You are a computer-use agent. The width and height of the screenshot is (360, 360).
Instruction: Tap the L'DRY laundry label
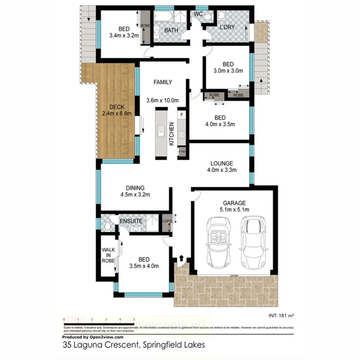pos(227,27)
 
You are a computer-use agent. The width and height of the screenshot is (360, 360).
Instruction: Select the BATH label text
pos(171,30)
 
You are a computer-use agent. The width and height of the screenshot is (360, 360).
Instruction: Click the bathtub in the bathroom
pos(163,16)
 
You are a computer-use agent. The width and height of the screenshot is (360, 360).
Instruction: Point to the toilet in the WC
pos(208,17)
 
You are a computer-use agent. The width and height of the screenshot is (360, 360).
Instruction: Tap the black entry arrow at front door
pos(181,258)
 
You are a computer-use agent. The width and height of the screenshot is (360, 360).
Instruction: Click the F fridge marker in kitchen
pos(182,115)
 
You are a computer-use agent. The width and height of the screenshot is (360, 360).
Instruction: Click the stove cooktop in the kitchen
pos(182,135)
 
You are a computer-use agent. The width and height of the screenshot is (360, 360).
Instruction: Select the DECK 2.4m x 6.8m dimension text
pos(117,113)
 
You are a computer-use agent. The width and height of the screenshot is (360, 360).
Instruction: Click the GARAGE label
pos(234,203)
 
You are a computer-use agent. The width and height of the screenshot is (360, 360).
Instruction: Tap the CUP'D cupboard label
pos(166,221)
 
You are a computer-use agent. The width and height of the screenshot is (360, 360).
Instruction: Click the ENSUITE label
pos(131,221)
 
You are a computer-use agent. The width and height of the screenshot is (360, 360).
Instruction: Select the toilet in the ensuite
pos(107,227)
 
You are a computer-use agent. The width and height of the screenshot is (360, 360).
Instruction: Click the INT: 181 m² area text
pos(281,315)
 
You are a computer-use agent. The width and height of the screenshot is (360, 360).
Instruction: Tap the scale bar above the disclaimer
pos(99,324)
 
